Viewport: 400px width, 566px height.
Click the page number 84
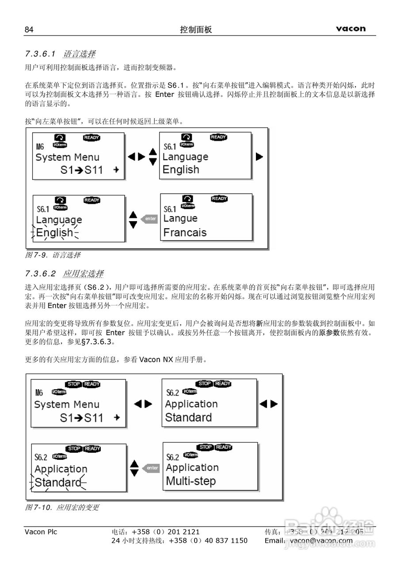(x=29, y=30)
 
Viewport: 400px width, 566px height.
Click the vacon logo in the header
(x=350, y=29)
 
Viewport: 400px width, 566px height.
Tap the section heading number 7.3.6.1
(x=40, y=54)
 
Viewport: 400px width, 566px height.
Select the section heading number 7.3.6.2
(x=40, y=273)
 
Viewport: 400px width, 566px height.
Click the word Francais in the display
(x=185, y=233)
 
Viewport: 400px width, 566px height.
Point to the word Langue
(x=180, y=218)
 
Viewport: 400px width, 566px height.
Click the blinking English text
(x=54, y=233)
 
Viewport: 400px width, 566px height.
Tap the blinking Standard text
(x=58, y=482)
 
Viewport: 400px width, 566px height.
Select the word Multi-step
(x=190, y=481)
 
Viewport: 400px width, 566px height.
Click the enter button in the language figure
(x=149, y=219)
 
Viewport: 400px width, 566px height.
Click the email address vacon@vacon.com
(x=321, y=540)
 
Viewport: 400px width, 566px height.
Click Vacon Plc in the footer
(x=41, y=532)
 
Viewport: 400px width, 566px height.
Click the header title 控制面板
(x=196, y=30)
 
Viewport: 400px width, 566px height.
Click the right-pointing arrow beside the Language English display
(x=259, y=157)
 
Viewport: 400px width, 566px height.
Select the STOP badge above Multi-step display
(x=206, y=447)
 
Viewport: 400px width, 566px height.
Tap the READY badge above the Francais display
(x=219, y=199)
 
